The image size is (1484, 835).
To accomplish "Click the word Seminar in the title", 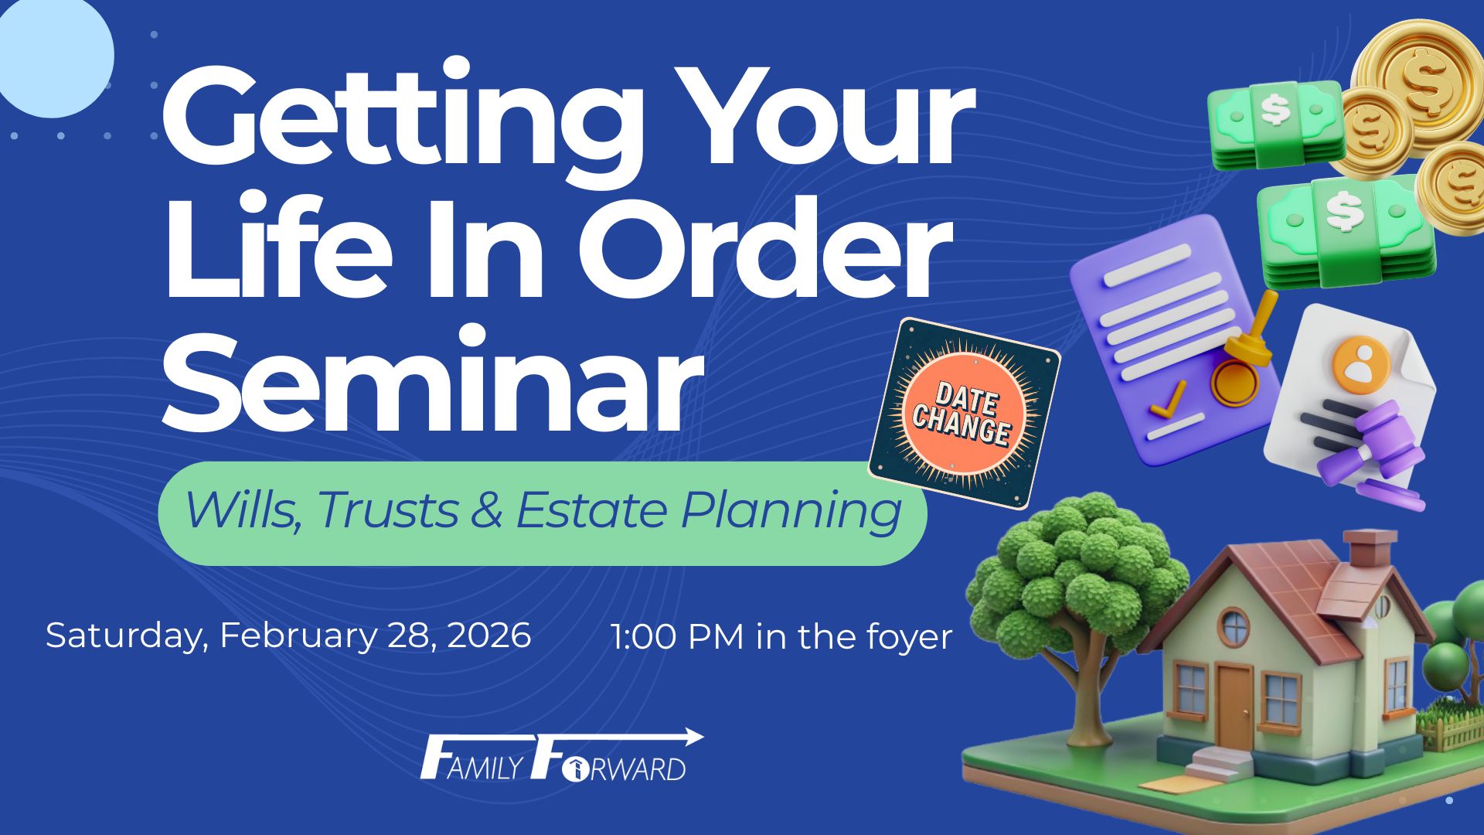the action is [x=432, y=381].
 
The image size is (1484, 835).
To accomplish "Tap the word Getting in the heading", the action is [x=403, y=124].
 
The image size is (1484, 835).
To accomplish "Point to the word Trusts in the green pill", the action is [x=387, y=510].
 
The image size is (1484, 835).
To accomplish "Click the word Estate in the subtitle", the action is [x=591, y=510].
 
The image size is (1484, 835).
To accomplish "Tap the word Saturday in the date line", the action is [x=127, y=636].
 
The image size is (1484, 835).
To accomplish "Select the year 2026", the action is [x=489, y=635].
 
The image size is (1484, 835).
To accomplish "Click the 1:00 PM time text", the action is [x=676, y=636].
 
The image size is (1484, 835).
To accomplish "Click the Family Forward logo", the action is [x=561, y=755].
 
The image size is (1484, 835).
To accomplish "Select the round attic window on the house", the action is [x=1234, y=627].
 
